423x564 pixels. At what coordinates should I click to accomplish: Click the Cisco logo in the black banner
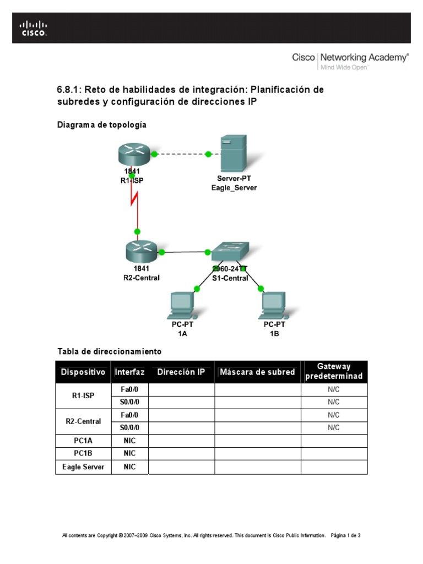[x=34, y=28]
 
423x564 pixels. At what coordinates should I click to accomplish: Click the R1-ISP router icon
[x=134, y=153]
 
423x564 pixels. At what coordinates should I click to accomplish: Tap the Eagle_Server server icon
[x=231, y=155]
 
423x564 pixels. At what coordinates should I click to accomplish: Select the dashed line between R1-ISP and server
[x=181, y=154]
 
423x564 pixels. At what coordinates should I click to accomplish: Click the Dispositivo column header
[x=83, y=372]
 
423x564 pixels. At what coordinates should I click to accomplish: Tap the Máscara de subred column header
[x=257, y=372]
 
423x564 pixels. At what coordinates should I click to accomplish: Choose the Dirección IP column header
[x=181, y=372]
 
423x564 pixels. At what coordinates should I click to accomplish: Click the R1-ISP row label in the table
[x=83, y=396]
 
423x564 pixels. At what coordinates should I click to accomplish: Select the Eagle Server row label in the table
[x=83, y=467]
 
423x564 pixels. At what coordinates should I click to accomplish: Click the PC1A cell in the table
[x=83, y=441]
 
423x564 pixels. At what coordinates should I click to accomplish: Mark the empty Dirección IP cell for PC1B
[x=181, y=454]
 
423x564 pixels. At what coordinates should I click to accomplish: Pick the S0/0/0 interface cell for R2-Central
[x=129, y=427]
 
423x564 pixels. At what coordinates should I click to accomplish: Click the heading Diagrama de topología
[x=102, y=125]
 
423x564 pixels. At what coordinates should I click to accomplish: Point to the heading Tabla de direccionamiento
[x=109, y=351]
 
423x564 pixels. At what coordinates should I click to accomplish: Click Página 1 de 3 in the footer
[x=346, y=535]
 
